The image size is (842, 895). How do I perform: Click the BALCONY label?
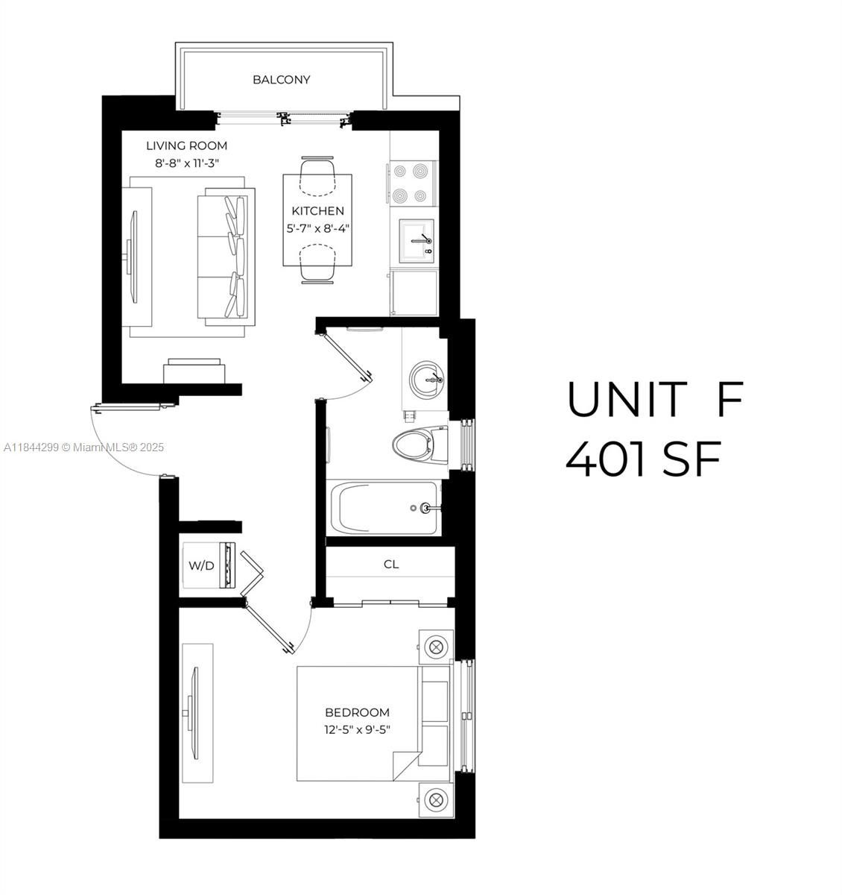coord(281,80)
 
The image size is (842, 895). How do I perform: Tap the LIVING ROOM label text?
coord(186,145)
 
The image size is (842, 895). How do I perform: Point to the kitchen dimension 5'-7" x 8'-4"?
coord(318,228)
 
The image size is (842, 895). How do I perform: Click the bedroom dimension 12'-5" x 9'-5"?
coord(357,729)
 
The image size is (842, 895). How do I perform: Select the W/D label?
coord(201,565)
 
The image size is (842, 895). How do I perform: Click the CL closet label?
coord(391,564)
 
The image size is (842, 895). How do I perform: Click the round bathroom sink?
coord(427,379)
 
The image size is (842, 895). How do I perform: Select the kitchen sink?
coord(417,241)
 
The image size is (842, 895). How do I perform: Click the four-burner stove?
coord(413,183)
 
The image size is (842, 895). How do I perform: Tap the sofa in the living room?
coord(226,257)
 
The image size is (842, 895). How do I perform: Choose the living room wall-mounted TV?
coord(133,257)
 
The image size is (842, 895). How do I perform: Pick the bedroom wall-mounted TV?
coord(193,713)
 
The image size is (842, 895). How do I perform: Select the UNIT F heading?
coord(655,399)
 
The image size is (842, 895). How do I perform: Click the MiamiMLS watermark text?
coord(83,447)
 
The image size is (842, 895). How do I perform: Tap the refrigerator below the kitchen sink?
coord(414,292)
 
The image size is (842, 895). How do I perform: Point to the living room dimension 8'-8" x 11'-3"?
coord(187,163)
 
